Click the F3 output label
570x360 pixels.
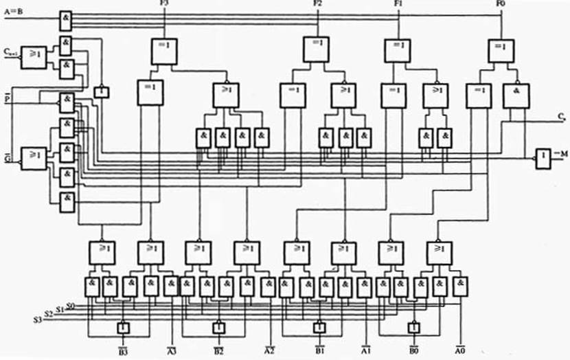point(164,5)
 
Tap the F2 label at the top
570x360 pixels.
point(317,5)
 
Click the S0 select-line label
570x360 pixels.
point(71,306)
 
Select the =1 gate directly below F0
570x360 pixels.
point(501,52)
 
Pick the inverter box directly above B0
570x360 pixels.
point(413,327)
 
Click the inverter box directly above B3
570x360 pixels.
point(123,327)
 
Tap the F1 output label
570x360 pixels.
point(398,5)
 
